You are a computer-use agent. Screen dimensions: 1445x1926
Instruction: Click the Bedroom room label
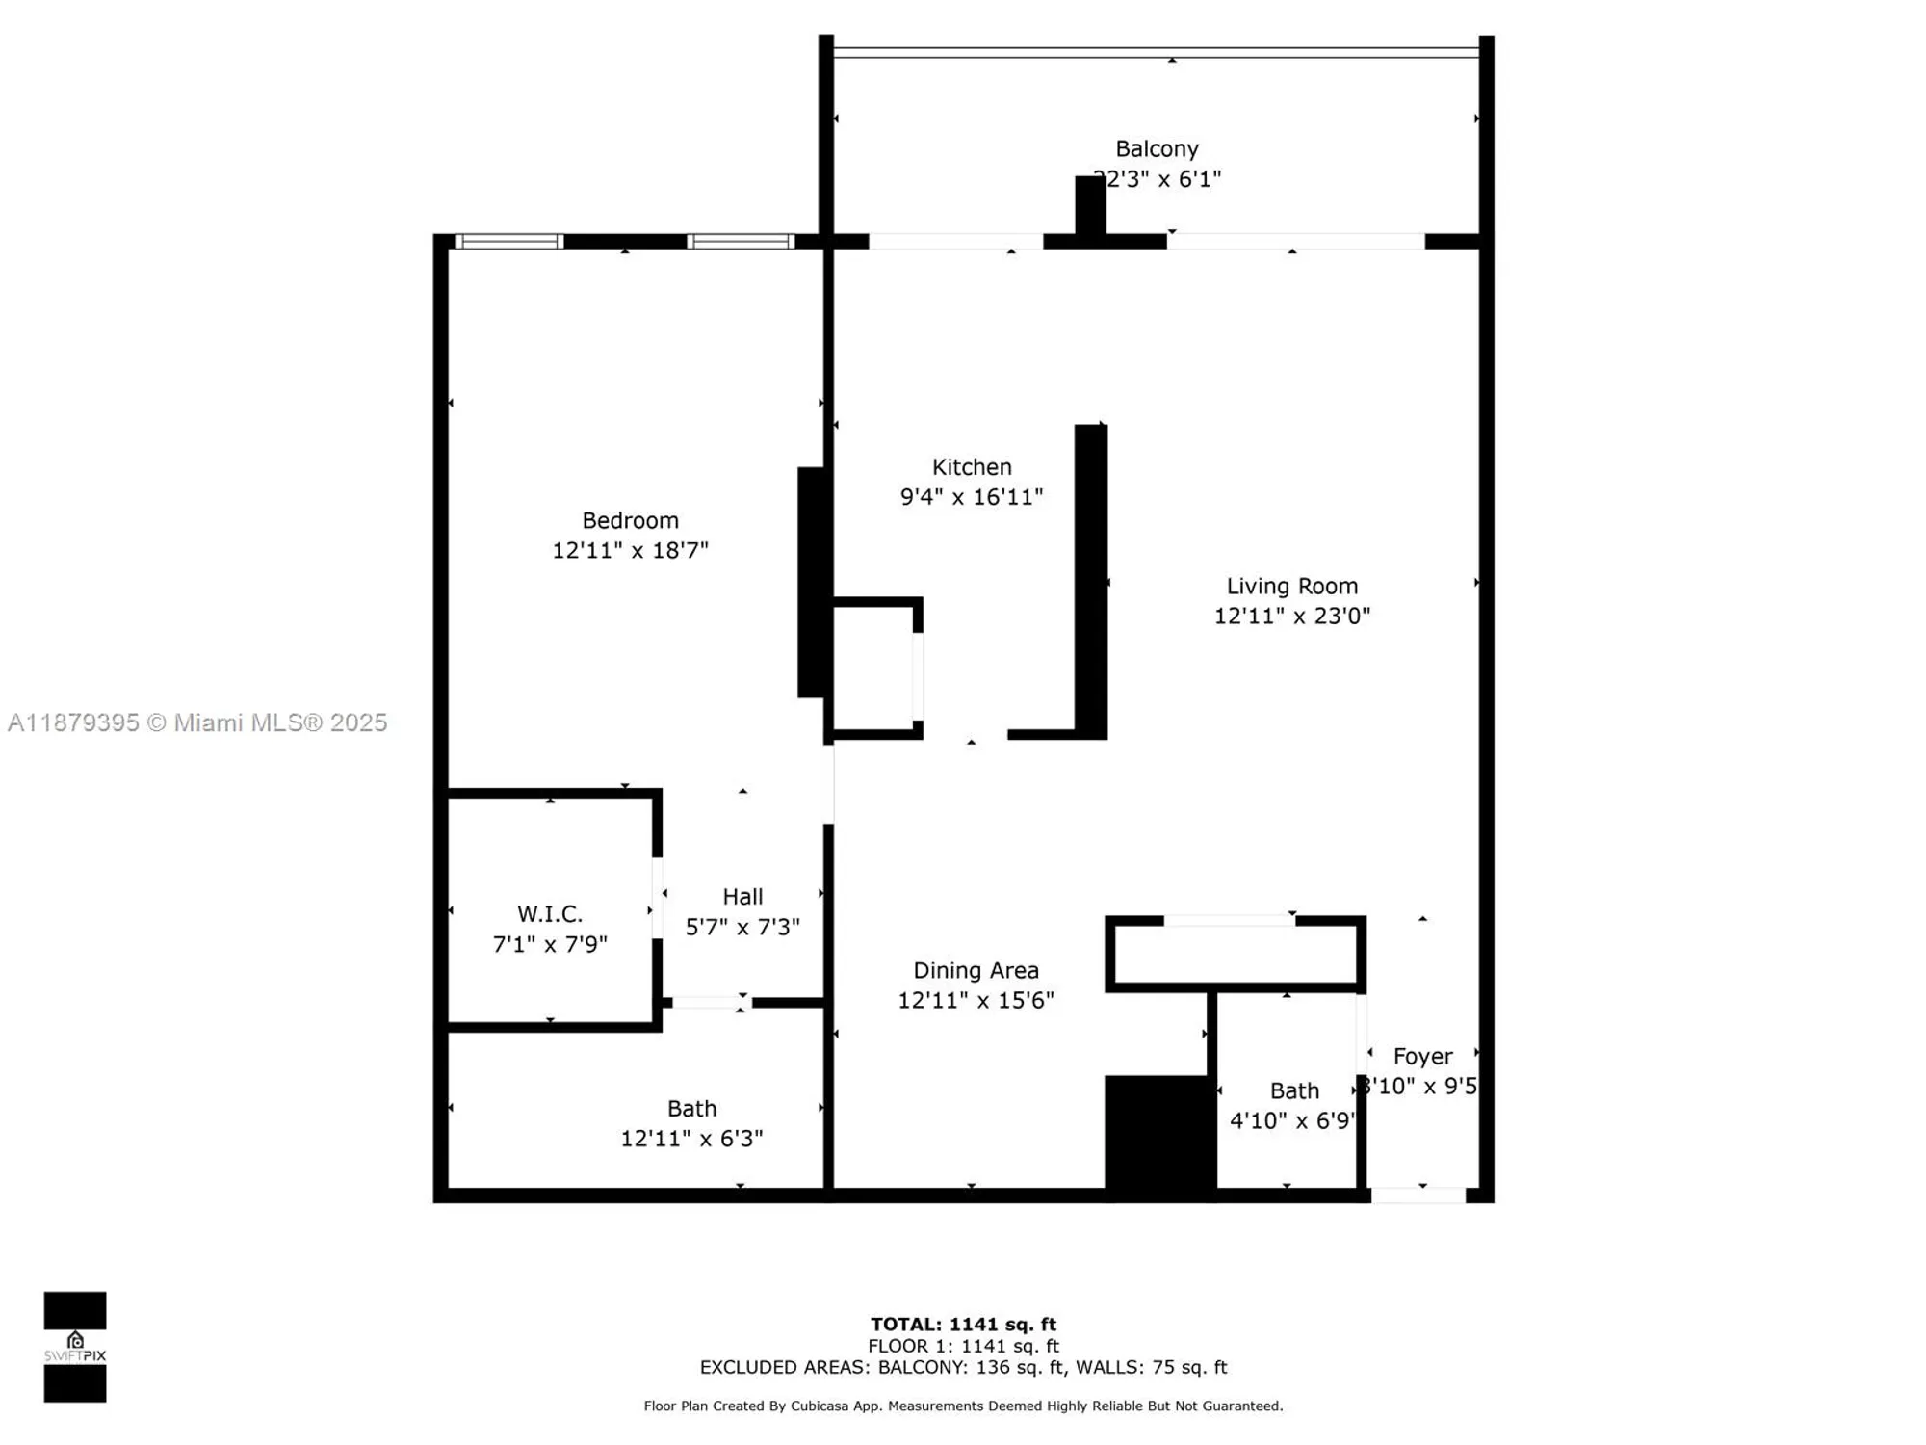pos(630,520)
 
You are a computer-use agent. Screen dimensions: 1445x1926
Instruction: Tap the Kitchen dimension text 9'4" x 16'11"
pos(971,497)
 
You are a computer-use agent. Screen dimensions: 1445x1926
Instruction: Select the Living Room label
pos(1291,586)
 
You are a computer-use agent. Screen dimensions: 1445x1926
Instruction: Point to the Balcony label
pos(1157,148)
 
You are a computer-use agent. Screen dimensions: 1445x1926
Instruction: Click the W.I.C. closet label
pos(549,913)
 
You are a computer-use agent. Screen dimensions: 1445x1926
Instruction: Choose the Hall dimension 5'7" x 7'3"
pos(742,927)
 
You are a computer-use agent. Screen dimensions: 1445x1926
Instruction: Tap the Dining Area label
pos(976,970)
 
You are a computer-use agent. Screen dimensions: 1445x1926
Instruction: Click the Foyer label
pos(1422,1056)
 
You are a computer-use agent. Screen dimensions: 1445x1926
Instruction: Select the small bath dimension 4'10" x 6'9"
pos(1291,1120)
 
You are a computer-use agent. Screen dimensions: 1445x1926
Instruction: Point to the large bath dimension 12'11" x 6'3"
pos(691,1139)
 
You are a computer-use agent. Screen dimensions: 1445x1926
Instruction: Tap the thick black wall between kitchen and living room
pos(1090,581)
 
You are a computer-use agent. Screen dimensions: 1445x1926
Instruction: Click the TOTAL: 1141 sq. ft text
pos(963,1325)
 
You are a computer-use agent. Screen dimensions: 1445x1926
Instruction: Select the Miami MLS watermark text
pos(197,722)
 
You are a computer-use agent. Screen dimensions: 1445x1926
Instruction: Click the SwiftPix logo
pos(75,1347)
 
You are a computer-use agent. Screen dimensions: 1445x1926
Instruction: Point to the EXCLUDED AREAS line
pos(963,1367)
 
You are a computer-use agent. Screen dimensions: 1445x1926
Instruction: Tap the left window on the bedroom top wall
pos(509,242)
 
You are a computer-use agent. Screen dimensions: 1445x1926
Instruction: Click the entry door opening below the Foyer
pos(1418,1195)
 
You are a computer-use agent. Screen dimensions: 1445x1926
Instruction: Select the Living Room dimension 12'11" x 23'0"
pos(1291,616)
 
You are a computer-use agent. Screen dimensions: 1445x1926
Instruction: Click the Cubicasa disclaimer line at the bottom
pos(963,1406)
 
